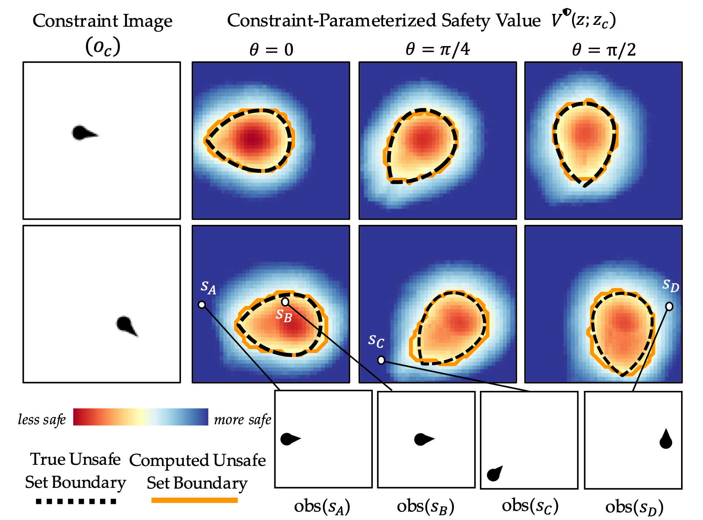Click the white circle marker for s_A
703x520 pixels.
click(202, 305)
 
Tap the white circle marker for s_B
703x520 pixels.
click(285, 302)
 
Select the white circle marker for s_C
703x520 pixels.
click(381, 360)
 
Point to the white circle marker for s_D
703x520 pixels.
click(669, 306)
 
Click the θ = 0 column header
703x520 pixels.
click(271, 49)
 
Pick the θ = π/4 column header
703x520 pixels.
click(437, 49)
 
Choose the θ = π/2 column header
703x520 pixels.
click(604, 49)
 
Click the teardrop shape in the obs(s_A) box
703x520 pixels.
click(289, 439)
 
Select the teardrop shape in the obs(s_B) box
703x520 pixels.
click(423, 439)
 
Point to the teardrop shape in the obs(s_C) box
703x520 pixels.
click(495, 474)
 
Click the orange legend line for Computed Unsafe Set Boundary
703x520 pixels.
click(195, 500)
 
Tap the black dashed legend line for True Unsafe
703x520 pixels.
click(76, 501)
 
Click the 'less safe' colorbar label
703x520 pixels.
click(42, 419)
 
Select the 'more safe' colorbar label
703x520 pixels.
click(243, 419)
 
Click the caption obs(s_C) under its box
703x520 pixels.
click(530, 506)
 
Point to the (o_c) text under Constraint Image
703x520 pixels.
click(102, 47)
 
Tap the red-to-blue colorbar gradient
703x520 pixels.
click(140, 417)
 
